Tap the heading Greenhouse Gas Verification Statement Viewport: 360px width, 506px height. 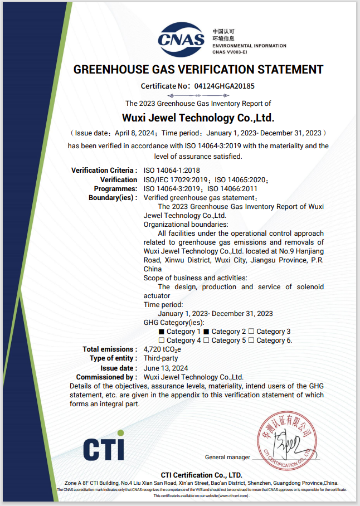[x=198, y=70]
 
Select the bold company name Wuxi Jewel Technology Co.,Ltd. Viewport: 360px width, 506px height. [x=198, y=118]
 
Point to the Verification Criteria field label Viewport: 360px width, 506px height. [x=104, y=170]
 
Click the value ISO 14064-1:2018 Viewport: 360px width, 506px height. [x=172, y=170]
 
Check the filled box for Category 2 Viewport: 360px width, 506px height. [x=206, y=332]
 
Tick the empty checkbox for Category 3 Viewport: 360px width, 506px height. [x=251, y=332]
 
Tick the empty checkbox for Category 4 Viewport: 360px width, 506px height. [x=162, y=340]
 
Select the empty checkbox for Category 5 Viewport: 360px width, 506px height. [x=206, y=340]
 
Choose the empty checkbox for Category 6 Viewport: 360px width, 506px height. [x=251, y=340]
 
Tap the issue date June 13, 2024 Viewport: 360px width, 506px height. [x=166, y=368]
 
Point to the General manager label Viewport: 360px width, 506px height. [x=227, y=458]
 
